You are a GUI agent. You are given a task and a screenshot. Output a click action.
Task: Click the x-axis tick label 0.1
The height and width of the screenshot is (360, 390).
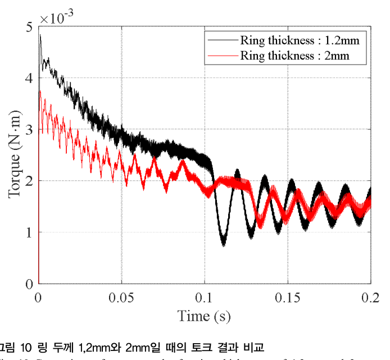(x=205, y=297)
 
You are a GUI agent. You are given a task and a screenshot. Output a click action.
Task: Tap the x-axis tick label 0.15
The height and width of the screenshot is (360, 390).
(x=288, y=297)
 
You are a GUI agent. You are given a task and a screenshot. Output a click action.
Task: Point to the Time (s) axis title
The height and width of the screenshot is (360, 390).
(x=204, y=316)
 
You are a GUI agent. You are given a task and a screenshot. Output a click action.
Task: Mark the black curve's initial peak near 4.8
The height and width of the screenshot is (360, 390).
(x=40, y=35)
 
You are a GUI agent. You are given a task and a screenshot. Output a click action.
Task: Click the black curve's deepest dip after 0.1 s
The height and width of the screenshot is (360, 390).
(x=223, y=244)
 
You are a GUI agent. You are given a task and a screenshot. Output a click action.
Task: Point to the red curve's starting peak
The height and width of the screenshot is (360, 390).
(x=39, y=91)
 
